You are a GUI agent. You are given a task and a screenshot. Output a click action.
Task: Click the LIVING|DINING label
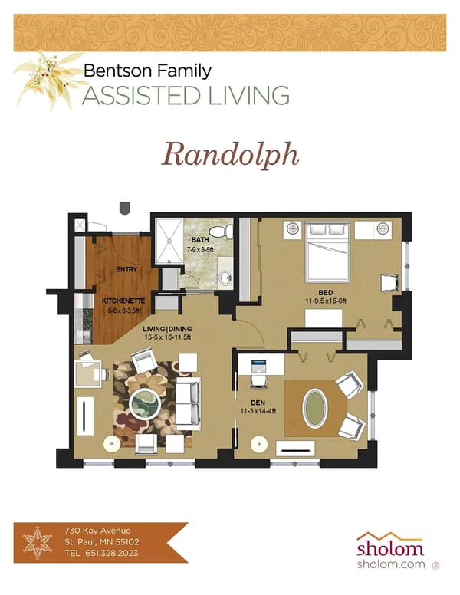(x=167, y=330)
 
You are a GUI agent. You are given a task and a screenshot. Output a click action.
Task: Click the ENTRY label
(x=126, y=270)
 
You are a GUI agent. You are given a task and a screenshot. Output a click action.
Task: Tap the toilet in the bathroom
(x=222, y=230)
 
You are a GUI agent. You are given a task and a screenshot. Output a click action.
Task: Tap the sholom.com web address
(x=389, y=564)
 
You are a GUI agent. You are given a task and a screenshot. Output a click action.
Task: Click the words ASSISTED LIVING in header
(x=186, y=96)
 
